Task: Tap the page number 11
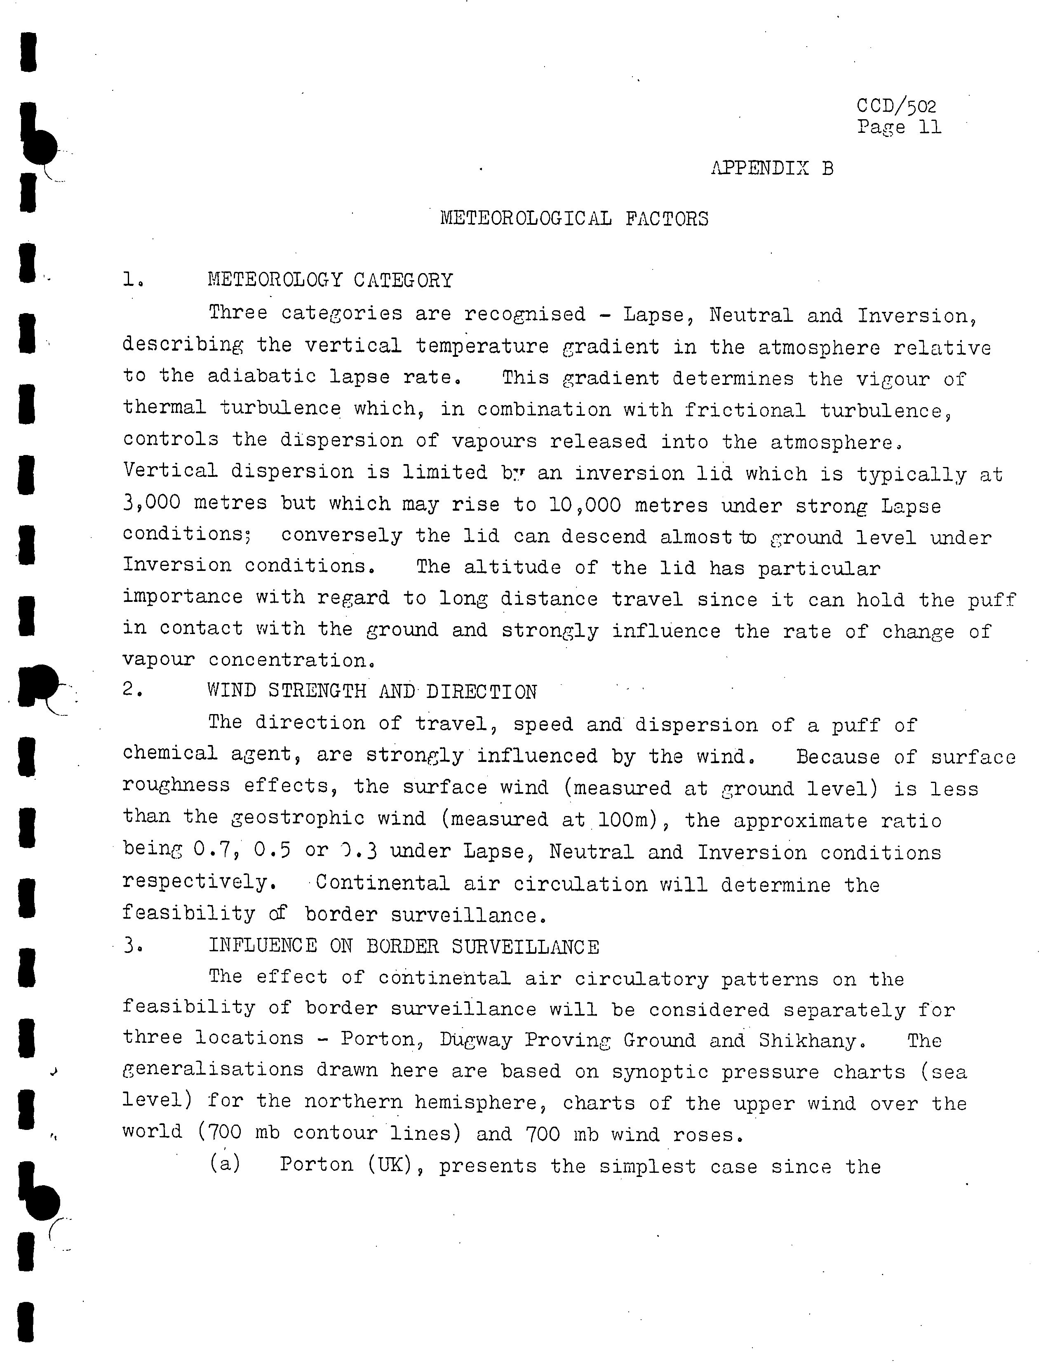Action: pos(930,128)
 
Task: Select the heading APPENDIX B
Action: pos(772,169)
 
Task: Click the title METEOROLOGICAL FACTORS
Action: pos(574,219)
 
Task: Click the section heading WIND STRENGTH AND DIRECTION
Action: pos(372,691)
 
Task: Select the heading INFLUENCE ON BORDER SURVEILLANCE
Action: pos(404,946)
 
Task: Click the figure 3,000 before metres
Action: pos(152,502)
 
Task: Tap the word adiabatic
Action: pos(262,376)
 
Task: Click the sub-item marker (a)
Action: pos(225,1164)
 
